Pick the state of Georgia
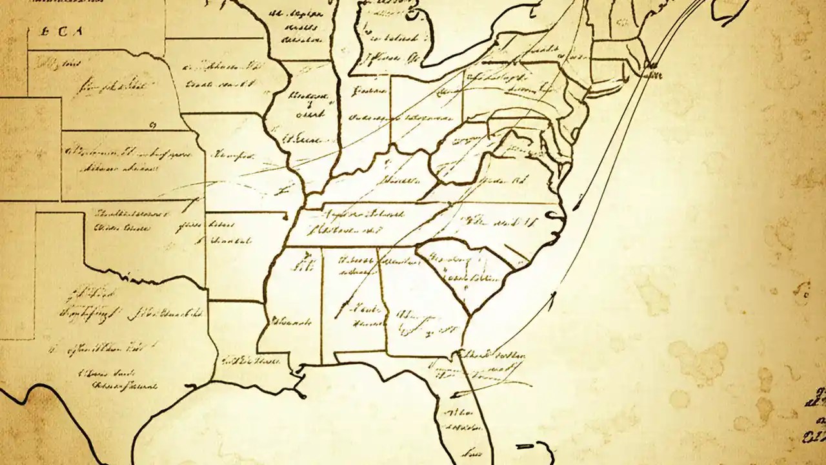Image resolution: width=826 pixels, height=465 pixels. pos(419,310)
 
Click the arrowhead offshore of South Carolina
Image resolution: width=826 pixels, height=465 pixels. pos(553,297)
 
